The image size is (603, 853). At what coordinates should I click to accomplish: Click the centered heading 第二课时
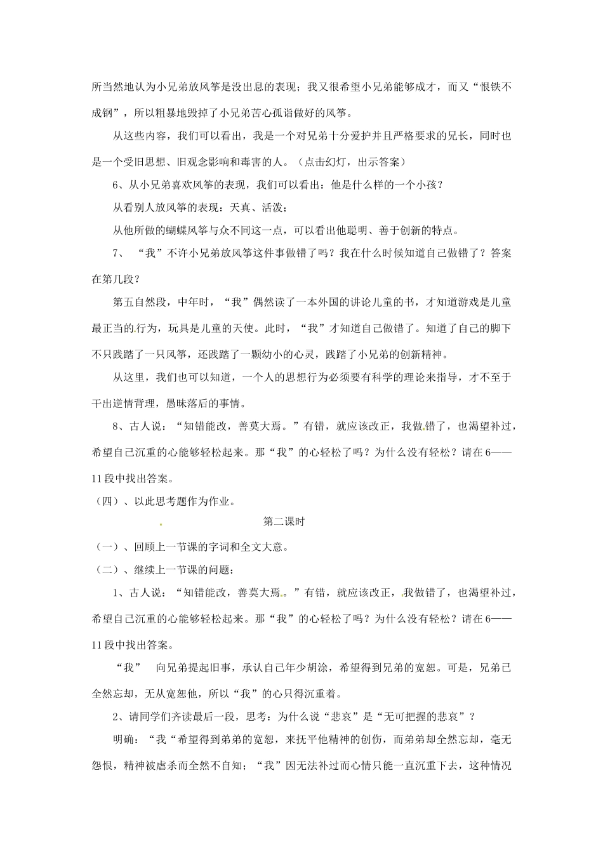pyautogui.click(x=284, y=522)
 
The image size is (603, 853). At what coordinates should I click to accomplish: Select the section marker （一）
pyautogui.click(x=105, y=546)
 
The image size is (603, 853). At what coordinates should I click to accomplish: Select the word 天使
pyautogui.click(x=242, y=328)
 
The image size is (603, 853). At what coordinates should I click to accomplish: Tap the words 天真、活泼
pyautogui.click(x=255, y=208)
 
